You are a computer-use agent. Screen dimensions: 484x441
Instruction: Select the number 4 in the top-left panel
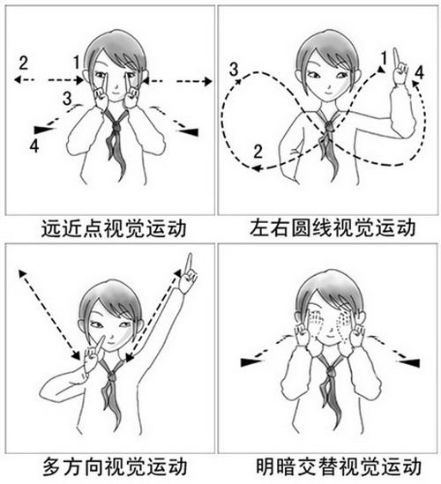[34, 144]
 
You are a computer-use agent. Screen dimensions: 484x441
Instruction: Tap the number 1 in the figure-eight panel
[382, 58]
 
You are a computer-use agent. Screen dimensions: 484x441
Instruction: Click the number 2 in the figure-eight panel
[257, 151]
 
